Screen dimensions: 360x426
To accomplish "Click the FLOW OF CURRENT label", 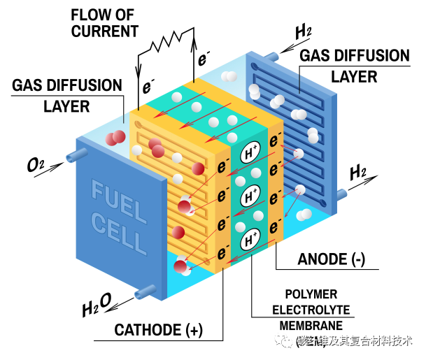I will coord(105,22).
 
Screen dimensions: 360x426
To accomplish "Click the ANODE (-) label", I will coord(332,259).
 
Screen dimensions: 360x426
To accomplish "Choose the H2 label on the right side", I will coord(359,171).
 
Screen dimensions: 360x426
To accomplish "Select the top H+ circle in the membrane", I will coord(250,152).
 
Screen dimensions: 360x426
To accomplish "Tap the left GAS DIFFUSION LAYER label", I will coord(66,96).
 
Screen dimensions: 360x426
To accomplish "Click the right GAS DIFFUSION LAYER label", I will coord(354,66).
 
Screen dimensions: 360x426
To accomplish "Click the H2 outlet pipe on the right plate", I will coord(342,194).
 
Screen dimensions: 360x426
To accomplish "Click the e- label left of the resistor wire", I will coord(148,87).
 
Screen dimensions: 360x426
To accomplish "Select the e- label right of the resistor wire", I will coord(204,59).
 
